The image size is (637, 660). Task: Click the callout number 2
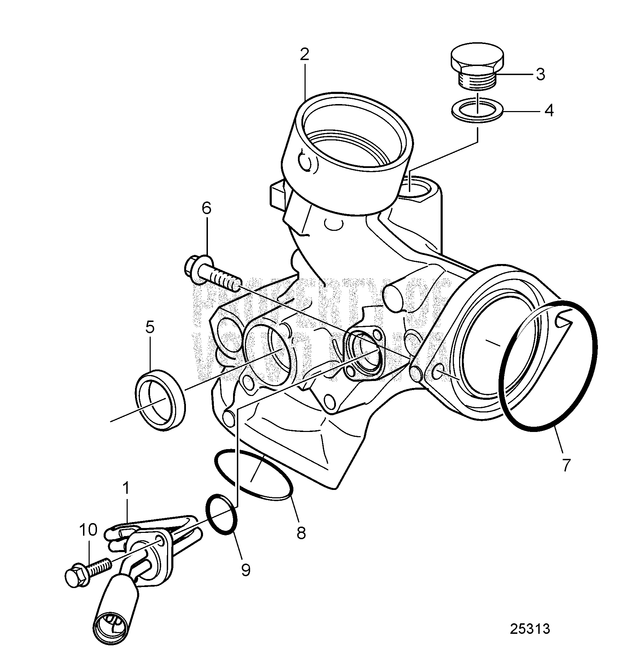coord(304,54)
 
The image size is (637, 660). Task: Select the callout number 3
coord(540,74)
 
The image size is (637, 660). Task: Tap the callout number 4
coord(549,111)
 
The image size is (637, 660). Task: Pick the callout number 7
coord(565,465)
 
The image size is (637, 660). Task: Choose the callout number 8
coord(301,533)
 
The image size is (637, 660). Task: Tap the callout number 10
coord(88,530)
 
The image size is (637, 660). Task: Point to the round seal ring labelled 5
coord(160,399)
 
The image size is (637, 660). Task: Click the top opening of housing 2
coord(354,133)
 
